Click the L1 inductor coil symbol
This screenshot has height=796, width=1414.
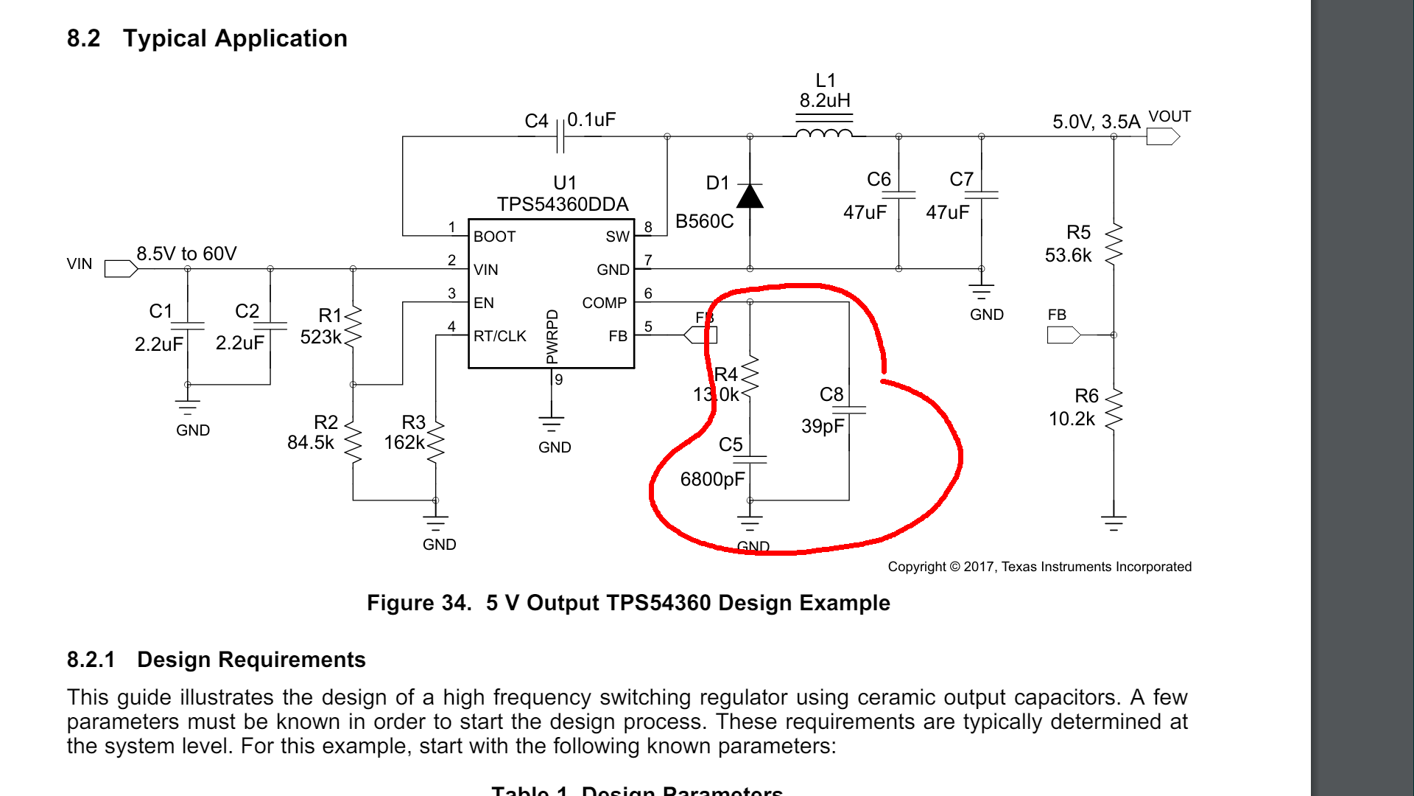pos(824,133)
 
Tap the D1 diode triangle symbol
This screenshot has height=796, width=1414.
pos(750,197)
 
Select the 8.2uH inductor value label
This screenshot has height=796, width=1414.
pos(825,100)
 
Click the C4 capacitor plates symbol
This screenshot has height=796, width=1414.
pos(560,136)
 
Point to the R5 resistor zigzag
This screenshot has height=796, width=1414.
pos(1114,244)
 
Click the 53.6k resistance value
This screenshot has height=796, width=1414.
pos(1068,255)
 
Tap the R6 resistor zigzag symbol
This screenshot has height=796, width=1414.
pos(1114,409)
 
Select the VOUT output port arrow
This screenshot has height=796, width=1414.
pos(1163,136)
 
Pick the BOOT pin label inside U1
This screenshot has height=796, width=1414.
pos(494,237)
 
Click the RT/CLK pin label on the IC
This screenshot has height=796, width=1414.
pos(500,336)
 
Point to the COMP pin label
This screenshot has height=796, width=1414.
pos(604,303)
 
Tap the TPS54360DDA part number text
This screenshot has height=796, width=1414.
pos(563,204)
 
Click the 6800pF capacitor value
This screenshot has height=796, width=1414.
pos(712,479)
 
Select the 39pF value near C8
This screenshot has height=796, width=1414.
pos(823,426)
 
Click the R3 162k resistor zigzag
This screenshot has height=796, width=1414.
pos(436,442)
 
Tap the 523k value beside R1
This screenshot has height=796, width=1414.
pos(320,337)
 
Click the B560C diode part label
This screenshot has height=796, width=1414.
pos(704,221)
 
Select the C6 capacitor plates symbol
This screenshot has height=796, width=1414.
pos(898,195)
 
